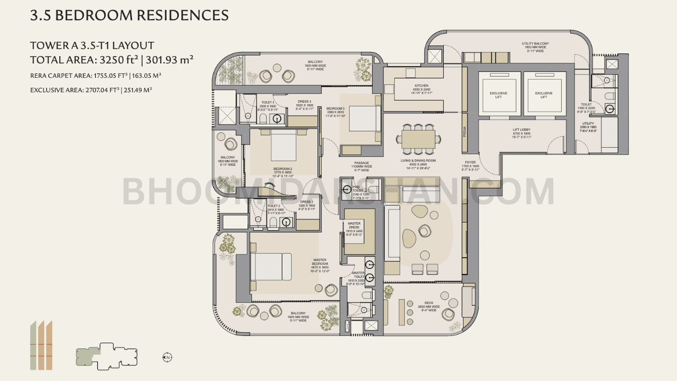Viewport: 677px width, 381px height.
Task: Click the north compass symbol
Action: click(167, 357)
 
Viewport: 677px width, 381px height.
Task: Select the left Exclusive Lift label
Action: click(498, 95)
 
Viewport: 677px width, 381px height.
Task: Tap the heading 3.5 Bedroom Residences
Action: click(130, 15)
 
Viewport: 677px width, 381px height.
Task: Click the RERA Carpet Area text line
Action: click(96, 76)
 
